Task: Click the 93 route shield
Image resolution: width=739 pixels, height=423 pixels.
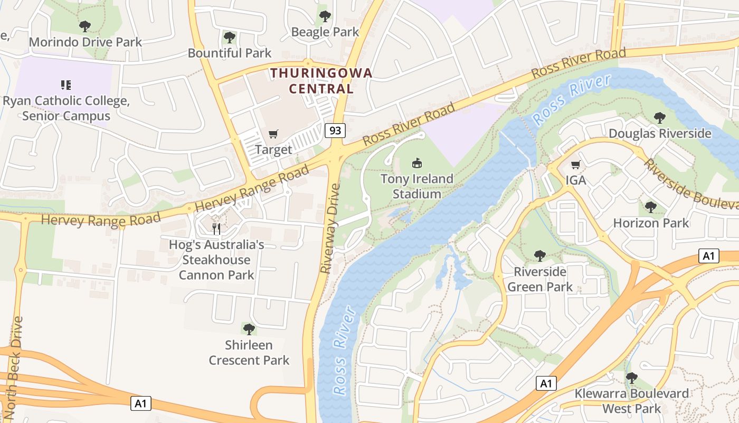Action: coord(335,130)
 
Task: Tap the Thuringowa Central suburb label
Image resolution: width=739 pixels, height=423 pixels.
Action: coord(321,81)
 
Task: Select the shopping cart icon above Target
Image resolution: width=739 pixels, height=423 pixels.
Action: coord(273,134)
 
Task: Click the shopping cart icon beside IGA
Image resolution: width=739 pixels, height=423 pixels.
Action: coord(575,164)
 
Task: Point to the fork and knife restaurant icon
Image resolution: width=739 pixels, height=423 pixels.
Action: coord(216,228)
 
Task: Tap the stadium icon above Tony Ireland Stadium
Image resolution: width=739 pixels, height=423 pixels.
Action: coord(417,162)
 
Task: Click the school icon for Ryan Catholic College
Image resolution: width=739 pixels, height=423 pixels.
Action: coord(66,85)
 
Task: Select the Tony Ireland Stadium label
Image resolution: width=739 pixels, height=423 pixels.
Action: coord(417,187)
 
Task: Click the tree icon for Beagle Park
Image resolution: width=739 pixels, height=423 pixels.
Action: coord(325,16)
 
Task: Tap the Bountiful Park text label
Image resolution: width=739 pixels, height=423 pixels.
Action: coord(230,53)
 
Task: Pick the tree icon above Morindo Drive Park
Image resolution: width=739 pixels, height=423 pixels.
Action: coord(84,26)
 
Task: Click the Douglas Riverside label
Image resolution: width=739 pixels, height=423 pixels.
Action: coord(660,133)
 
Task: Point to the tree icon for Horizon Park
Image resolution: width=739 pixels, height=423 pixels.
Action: coord(651,207)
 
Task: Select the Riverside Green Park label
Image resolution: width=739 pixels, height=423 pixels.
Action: coord(539,279)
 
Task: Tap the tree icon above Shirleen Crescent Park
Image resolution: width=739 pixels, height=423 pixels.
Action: coord(249,329)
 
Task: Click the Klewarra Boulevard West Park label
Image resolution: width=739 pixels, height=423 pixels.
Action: coord(632,401)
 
